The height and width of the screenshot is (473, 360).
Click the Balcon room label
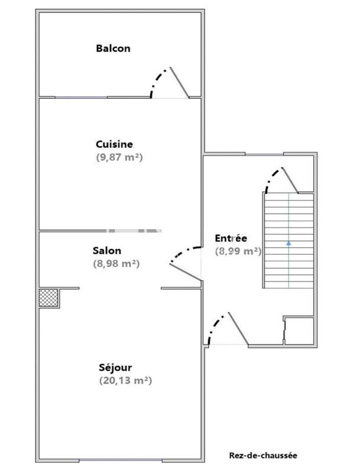[113, 48]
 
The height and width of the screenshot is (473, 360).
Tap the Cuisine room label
[114, 144]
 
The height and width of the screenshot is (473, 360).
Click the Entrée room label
[231, 238]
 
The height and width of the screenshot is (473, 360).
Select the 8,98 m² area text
[116, 264]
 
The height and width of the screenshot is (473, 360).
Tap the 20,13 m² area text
[126, 381]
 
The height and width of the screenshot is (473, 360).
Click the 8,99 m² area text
[238, 251]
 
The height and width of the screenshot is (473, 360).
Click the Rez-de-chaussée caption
[263, 455]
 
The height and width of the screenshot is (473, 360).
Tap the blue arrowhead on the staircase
[288, 242]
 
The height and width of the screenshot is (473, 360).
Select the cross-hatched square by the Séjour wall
[48, 297]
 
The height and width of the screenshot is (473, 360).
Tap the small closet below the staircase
[298, 331]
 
